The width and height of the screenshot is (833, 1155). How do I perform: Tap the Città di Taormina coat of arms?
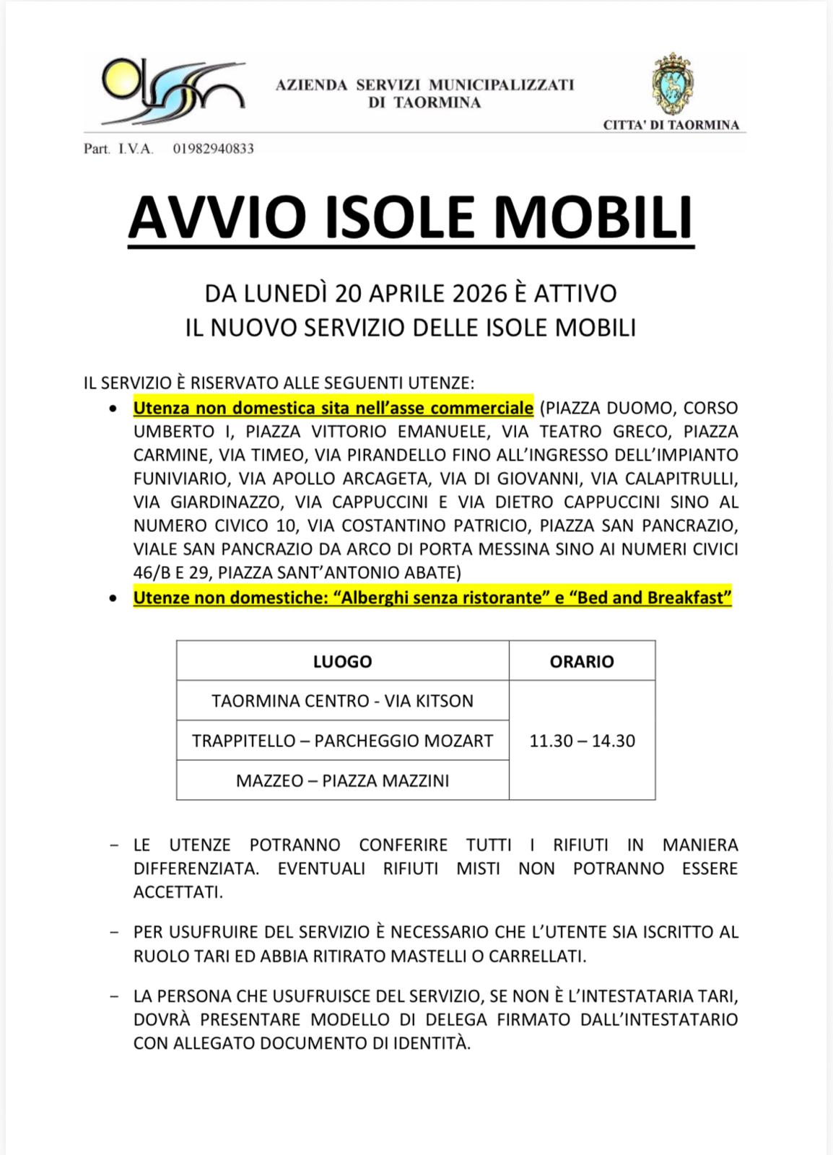click(x=672, y=84)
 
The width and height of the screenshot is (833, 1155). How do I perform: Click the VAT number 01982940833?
click(x=213, y=149)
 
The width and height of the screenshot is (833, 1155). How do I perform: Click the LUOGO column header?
click(x=342, y=661)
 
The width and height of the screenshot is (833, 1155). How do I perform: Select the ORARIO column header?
click(x=582, y=661)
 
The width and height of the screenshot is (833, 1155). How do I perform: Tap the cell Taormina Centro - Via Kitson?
click(x=342, y=701)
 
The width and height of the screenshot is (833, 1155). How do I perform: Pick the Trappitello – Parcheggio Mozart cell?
click(x=342, y=741)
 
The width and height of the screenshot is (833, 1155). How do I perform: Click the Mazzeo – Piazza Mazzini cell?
click(x=342, y=780)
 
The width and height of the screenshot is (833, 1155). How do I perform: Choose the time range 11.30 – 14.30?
click(x=582, y=741)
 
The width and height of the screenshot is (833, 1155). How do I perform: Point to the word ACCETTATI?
click(x=178, y=892)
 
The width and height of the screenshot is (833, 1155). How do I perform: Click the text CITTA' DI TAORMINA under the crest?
click(x=671, y=125)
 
